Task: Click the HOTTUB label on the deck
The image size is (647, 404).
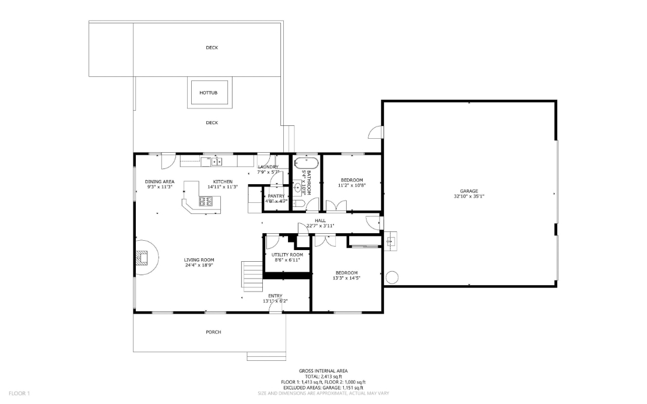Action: pos(208,93)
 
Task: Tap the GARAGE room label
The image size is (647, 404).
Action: pos(469,191)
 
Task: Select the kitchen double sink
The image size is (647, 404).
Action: pos(216,161)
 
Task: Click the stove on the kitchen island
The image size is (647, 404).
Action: pos(206,202)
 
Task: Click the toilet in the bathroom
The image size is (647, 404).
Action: pos(297,203)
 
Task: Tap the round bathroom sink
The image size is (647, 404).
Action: pos(298,188)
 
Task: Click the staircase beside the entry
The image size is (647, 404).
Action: pos(252,276)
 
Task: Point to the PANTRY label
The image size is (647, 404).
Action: pos(276,196)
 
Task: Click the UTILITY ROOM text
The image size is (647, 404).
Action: pos(287,255)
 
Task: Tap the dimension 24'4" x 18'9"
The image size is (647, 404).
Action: pos(199,265)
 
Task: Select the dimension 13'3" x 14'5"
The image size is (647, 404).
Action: pos(346,278)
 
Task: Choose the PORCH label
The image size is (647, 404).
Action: pos(213,332)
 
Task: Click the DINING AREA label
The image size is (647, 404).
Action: pos(160,181)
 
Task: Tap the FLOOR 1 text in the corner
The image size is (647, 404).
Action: pos(19,394)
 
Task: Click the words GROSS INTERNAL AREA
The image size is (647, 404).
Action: pos(323,371)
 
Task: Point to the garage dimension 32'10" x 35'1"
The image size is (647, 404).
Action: pos(469,196)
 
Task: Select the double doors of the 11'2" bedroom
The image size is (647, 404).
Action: pos(336,205)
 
